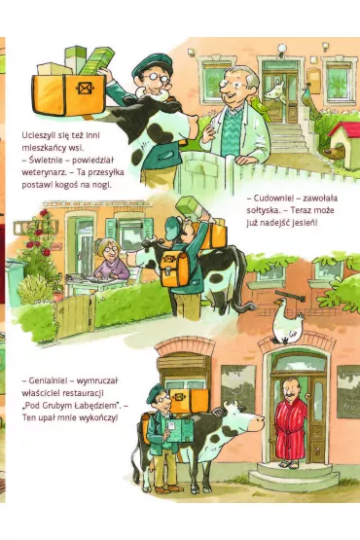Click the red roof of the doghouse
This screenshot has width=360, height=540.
pyautogui.click(x=344, y=129)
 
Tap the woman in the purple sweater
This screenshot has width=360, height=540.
pyautogui.click(x=111, y=261)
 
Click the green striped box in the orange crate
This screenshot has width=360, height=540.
pyautogui.click(x=96, y=61)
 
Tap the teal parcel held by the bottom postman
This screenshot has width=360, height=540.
pyautogui.click(x=180, y=430)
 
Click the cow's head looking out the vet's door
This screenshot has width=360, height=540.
pyautogui.click(x=275, y=91)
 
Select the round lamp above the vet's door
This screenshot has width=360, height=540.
pyautogui.click(x=282, y=49)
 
